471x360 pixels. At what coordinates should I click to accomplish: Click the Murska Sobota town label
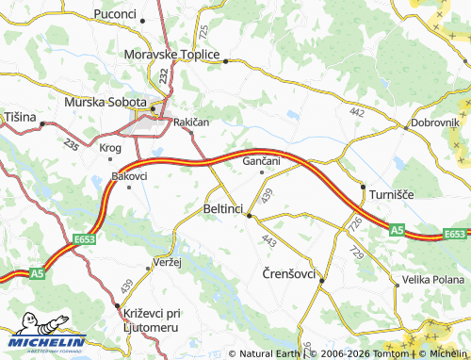click(x=105, y=102)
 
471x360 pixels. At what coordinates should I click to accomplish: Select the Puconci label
click(x=115, y=14)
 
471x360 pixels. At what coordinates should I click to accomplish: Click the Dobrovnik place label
click(x=434, y=123)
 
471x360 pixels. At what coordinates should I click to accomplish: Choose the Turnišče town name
click(x=391, y=193)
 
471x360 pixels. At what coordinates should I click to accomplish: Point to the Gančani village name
click(x=262, y=161)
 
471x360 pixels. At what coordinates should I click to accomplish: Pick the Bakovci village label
click(x=129, y=176)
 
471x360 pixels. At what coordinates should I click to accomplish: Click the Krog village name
click(x=110, y=148)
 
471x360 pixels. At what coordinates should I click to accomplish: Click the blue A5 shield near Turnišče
click(x=397, y=229)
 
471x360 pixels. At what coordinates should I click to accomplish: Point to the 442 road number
click(x=356, y=112)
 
